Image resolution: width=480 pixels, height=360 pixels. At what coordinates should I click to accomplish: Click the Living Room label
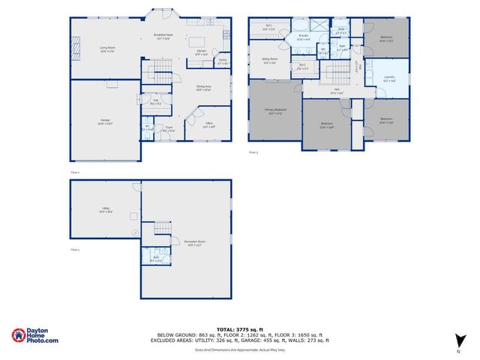point(107,49)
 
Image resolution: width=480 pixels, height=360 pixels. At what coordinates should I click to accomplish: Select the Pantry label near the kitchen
point(223,61)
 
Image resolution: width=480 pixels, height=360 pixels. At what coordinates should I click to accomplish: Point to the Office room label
point(209,124)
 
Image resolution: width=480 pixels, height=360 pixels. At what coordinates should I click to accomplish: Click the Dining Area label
point(203,88)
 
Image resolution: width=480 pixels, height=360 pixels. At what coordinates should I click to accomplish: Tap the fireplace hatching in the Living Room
point(75,49)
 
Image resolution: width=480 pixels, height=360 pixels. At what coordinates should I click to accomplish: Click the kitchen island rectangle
point(197,41)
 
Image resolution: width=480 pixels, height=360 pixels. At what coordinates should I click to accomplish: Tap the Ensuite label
point(304,37)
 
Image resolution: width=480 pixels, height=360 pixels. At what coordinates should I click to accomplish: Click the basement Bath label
point(155,259)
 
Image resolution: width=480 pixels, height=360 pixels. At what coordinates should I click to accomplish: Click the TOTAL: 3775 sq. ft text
point(240,329)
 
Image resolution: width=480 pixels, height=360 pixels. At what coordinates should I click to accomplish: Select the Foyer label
point(169,128)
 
